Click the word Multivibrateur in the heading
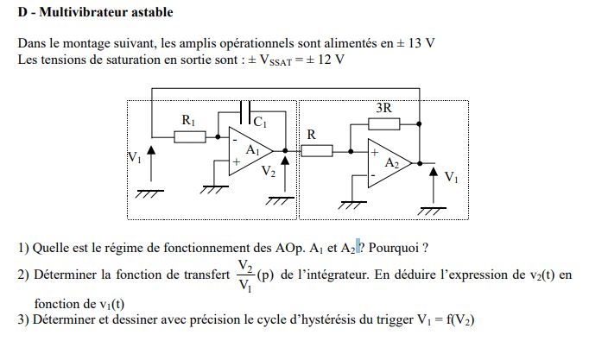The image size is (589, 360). coord(90,12)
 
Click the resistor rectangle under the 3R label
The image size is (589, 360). coord(383,123)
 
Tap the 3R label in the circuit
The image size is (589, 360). coord(384,108)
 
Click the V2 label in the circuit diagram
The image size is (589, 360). coord(269,172)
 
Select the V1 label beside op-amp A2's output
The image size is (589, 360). coord(451,177)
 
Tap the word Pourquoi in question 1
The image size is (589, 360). coord(396,249)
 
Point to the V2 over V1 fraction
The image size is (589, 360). coord(244,275)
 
